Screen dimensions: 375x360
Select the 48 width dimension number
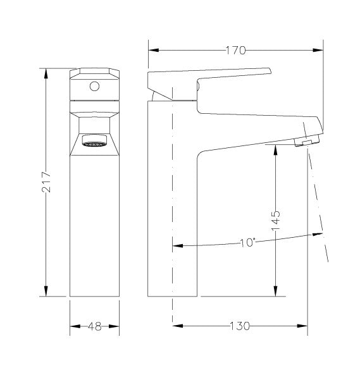[94, 326]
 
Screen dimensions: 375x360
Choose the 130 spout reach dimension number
[239, 326]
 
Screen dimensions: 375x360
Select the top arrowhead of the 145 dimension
[275, 148]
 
